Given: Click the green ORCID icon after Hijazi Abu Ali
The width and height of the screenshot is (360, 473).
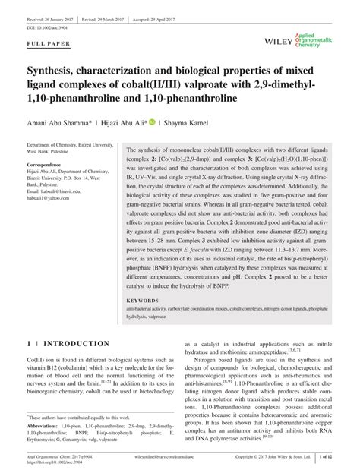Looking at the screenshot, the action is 152,120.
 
